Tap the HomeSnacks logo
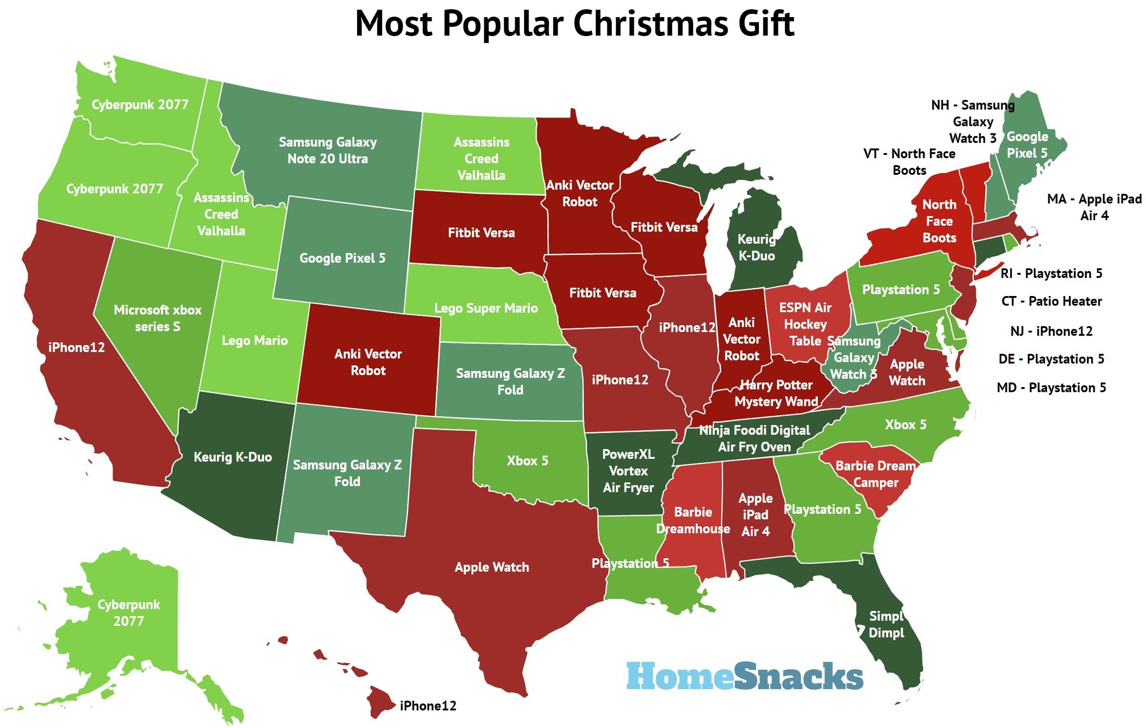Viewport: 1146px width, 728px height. coord(744,676)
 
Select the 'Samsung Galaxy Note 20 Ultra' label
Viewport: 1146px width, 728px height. coord(328,150)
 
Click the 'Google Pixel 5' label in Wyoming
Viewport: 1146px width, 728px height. coord(342,258)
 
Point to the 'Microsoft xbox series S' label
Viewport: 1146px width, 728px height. coord(157,318)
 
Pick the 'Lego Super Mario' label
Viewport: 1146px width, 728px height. coord(486,308)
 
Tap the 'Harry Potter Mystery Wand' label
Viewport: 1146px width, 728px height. coord(776,393)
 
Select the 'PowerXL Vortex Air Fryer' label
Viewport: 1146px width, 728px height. coord(628,470)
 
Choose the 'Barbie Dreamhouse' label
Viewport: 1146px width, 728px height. coord(693,520)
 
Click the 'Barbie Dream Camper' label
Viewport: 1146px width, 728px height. coord(875,474)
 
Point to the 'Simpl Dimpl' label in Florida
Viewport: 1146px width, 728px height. coord(886,624)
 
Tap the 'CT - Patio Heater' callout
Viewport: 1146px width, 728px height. coord(1051,301)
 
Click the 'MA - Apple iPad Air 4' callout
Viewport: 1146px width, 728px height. coord(1094,207)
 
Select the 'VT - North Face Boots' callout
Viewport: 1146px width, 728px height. coord(909,162)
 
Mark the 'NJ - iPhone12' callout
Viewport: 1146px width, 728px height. coord(1051,331)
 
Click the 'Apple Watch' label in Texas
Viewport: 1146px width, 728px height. coord(492,567)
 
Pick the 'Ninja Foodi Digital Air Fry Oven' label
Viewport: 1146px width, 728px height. coord(754,438)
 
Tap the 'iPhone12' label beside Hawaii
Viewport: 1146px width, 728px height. coord(428,706)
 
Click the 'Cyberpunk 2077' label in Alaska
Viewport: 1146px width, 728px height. coord(129,612)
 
